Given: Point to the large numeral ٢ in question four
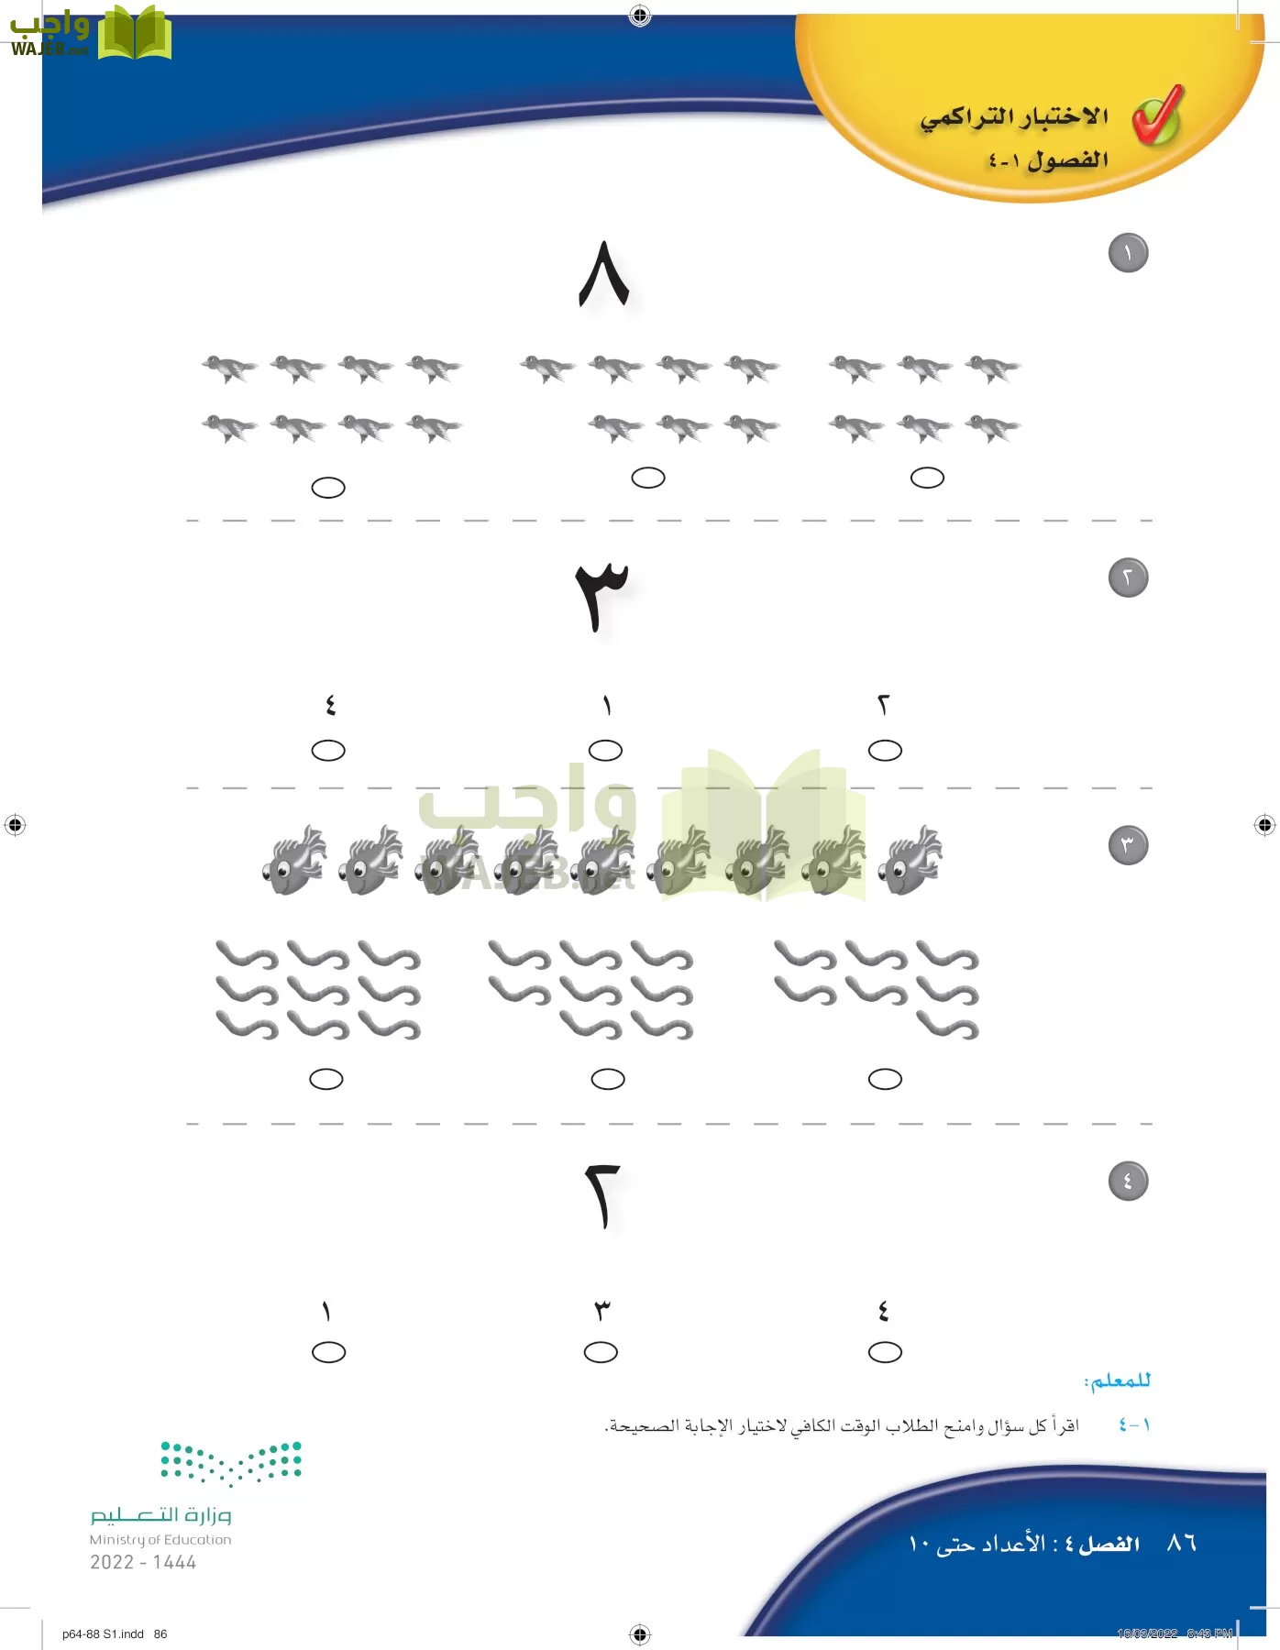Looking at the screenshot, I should (x=602, y=1195).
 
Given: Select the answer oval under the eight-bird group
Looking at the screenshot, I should (x=328, y=488).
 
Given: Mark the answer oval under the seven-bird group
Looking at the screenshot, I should (x=648, y=478).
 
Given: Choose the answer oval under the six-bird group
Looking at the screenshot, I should (x=927, y=478).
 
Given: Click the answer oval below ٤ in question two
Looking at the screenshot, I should (x=328, y=751).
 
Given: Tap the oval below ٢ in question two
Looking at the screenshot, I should (x=885, y=751).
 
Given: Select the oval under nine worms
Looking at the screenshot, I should (x=326, y=1079).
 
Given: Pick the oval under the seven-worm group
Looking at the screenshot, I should (x=885, y=1079).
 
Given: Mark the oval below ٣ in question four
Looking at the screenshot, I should (x=601, y=1352).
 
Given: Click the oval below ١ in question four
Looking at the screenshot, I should (x=328, y=1352).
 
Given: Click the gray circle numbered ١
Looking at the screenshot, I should (x=1128, y=253).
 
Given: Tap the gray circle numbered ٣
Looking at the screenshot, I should (x=1128, y=845).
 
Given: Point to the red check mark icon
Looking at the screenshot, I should (x=1158, y=115).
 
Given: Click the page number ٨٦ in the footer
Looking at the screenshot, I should (x=1181, y=1544).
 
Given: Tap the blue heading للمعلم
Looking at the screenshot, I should (x=1117, y=1380).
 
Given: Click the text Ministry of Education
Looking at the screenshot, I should (x=160, y=1540).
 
